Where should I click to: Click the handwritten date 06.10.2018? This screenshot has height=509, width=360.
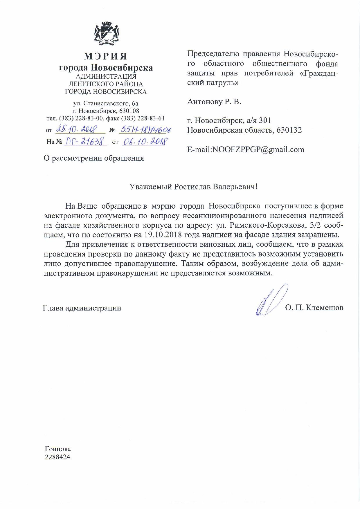click(144, 142)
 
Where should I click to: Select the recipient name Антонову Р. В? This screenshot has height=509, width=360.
click(214, 102)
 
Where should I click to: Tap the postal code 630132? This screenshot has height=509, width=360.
click(289, 130)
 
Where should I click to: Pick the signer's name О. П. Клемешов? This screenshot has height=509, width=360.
click(314, 308)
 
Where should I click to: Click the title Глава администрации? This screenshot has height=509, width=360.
click(82, 308)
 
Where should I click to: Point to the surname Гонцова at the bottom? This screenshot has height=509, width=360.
click(58, 449)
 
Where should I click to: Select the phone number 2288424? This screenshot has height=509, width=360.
click(57, 457)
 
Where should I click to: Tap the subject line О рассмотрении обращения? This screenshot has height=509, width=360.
click(93, 158)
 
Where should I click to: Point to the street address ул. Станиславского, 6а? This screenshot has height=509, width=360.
click(106, 103)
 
